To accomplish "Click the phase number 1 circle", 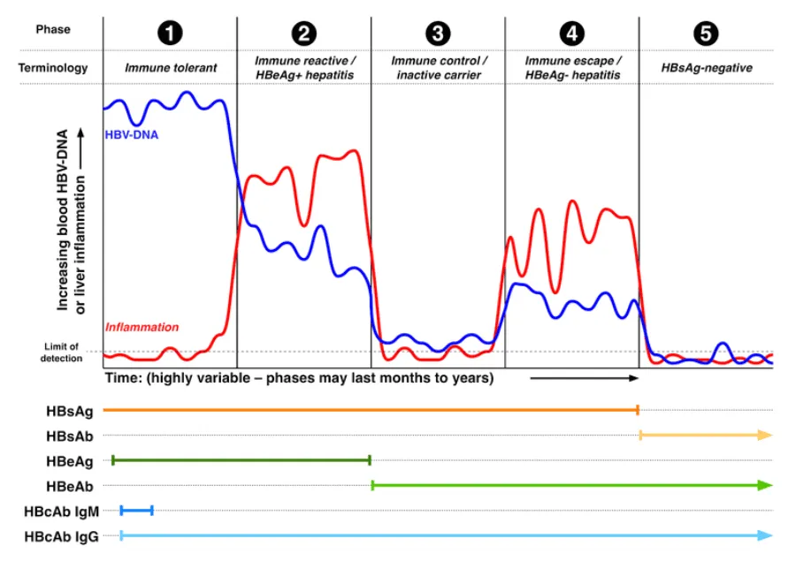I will pos(170,34).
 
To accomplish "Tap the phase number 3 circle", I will pos(437,34).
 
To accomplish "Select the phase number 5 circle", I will pos(707,34).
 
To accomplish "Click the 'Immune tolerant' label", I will pos(170,67).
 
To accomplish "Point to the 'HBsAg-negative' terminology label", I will pos(707,67).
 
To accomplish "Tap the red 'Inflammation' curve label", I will pos(142,328).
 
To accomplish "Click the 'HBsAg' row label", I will pos(67,410).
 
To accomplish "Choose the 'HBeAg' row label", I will pos(68,460).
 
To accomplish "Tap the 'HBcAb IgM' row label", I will pos(62,511).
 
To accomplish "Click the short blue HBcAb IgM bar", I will pos(137,511).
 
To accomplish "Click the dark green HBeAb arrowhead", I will pos(766,485).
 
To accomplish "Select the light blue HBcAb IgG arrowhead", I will pos(766,535).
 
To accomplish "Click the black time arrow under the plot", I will pos(584,378).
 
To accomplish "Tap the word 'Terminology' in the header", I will pos(53,67).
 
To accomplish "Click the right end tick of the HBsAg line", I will pos(638,410).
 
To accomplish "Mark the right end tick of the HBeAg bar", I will pos(370,460).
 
